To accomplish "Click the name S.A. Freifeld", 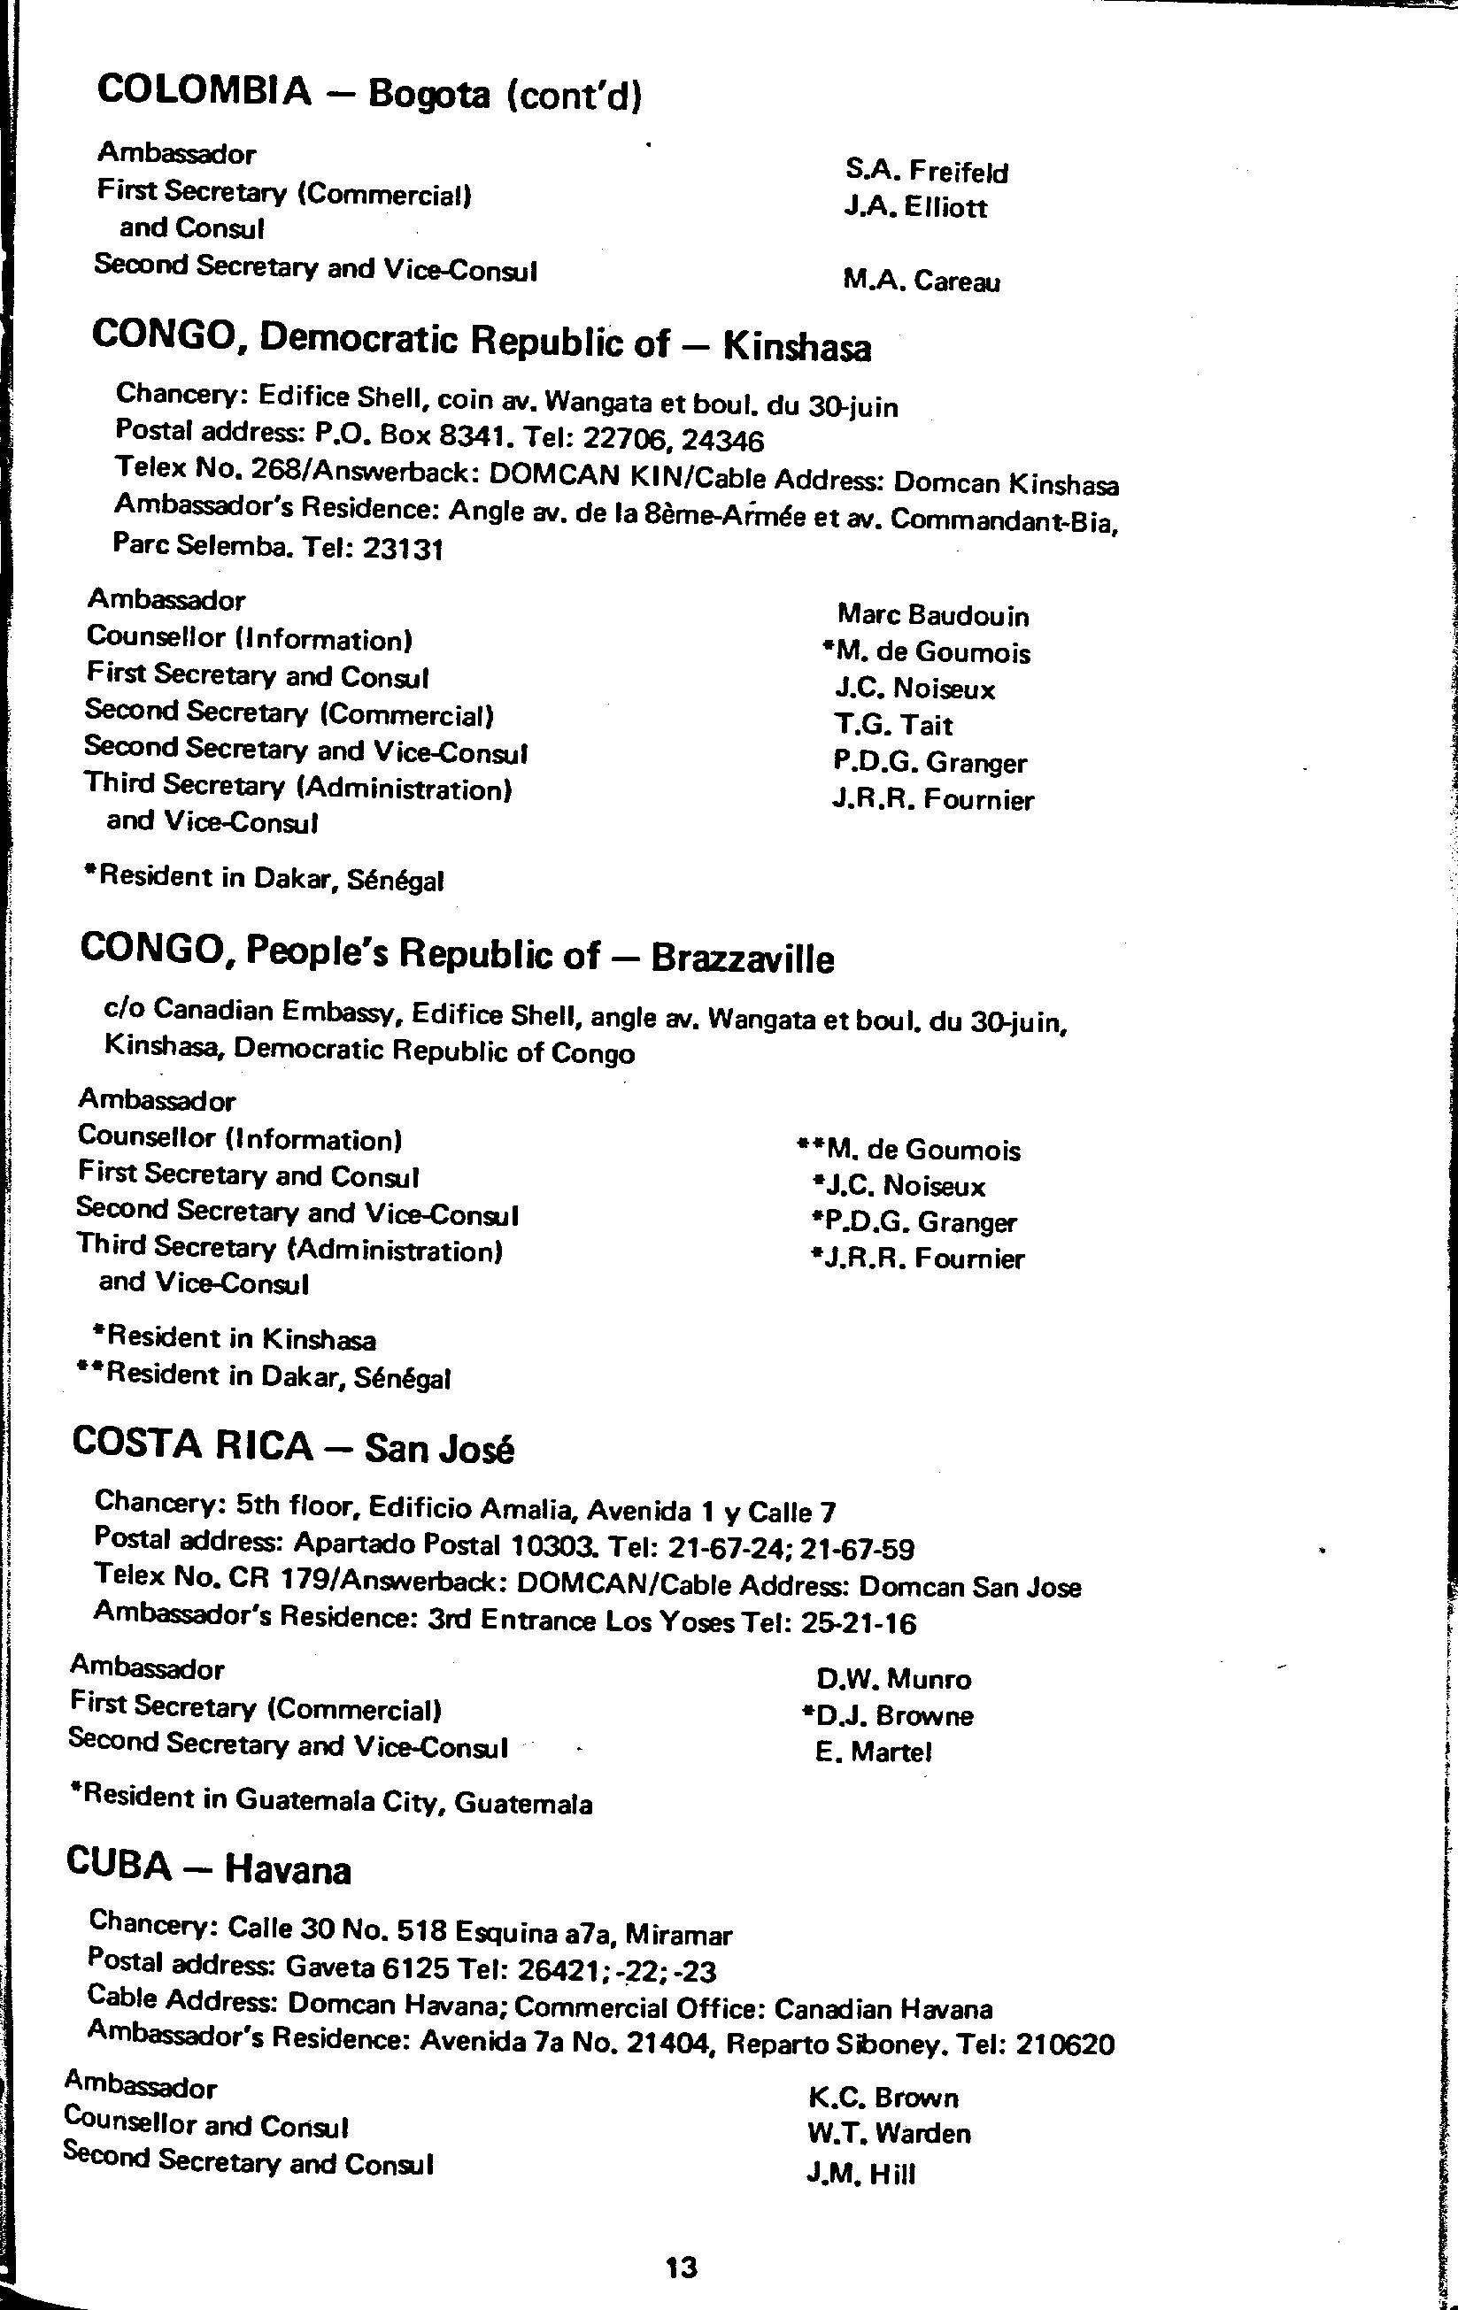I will pos(927,172).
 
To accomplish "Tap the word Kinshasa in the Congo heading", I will pos(796,347).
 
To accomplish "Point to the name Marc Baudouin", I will pos(932,615).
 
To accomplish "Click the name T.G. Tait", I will pos(893,725).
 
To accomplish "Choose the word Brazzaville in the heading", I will pos(743,959).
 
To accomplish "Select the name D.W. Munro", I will pos(894,1679).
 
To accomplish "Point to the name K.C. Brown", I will pos(883,2097).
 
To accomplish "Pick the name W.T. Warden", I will pos(889,2134).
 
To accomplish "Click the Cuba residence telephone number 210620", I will pos(1065,2044).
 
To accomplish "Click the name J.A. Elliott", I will pos(915,207).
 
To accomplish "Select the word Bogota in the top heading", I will pos(428,94).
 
